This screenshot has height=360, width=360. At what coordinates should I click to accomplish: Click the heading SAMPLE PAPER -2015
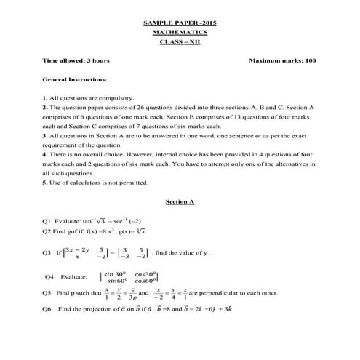click(x=180, y=24)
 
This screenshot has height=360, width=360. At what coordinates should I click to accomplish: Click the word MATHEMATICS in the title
click(x=180, y=33)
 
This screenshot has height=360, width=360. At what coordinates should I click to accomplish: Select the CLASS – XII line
click(x=180, y=42)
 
